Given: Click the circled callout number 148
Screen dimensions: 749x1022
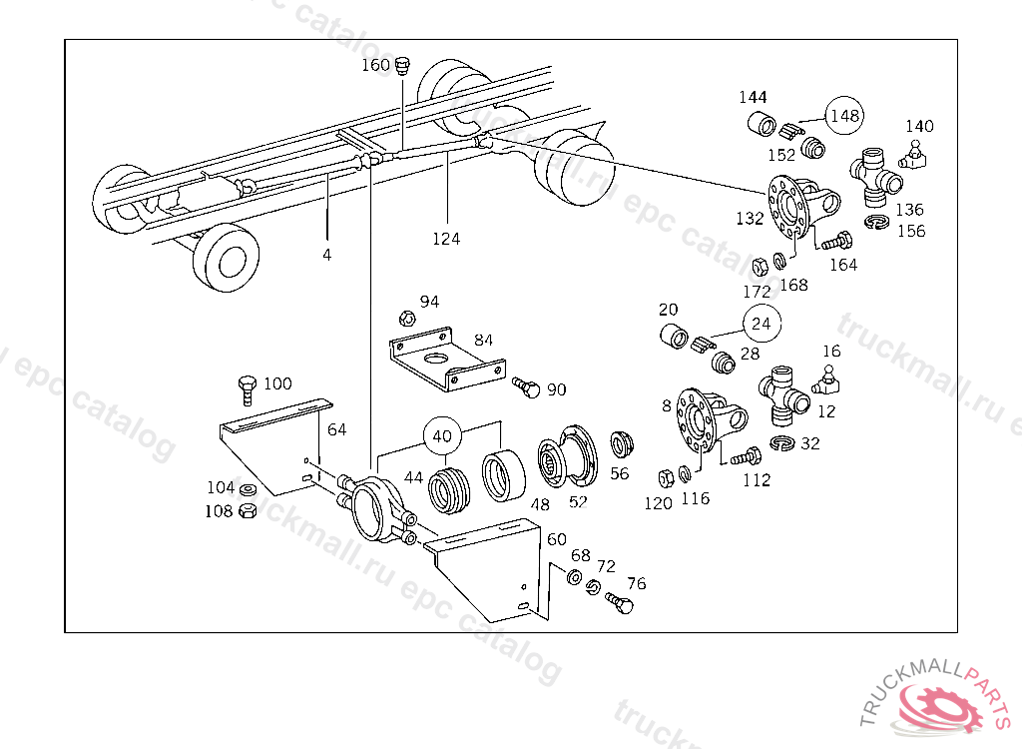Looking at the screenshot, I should point(844,116).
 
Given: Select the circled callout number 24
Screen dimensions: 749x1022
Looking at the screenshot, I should point(762,324).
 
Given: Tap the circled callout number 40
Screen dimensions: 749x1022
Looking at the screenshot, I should point(443,435).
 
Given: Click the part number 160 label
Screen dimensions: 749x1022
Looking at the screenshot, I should point(376,65).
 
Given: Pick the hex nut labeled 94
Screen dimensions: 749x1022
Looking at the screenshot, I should point(407,319).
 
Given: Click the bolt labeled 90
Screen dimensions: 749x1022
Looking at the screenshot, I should point(526,387).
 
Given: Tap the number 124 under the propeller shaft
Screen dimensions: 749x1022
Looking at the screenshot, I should point(446,239).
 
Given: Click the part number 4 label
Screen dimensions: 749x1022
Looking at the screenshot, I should point(326,255).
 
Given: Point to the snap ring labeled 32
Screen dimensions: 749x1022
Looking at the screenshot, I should point(782,443).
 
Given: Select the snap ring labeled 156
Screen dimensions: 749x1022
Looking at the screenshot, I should point(877,223).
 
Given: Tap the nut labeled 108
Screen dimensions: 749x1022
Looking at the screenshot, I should point(249,511).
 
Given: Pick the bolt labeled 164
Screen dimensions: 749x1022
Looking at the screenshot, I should point(834,240).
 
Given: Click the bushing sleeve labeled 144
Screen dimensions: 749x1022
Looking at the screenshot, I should point(764,127).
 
